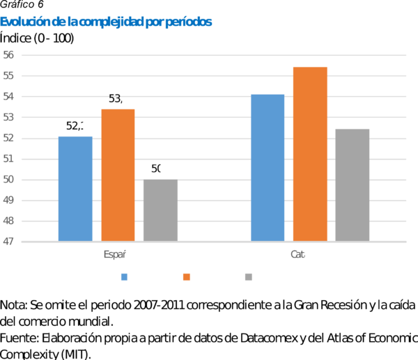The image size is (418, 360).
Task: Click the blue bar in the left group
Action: tap(75, 189)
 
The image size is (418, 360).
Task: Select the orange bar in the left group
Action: tap(118, 175)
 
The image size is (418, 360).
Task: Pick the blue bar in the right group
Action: tap(268, 168)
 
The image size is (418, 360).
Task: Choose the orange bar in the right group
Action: tap(311, 154)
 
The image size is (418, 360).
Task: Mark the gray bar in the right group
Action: tap(353, 185)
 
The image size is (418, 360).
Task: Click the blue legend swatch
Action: tap(124, 277)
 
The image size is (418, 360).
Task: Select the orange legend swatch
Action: tap(187, 277)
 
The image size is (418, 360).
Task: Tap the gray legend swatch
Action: tap(249, 277)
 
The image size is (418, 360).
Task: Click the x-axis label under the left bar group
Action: tap(116, 255)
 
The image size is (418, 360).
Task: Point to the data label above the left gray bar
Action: tap(159, 169)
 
